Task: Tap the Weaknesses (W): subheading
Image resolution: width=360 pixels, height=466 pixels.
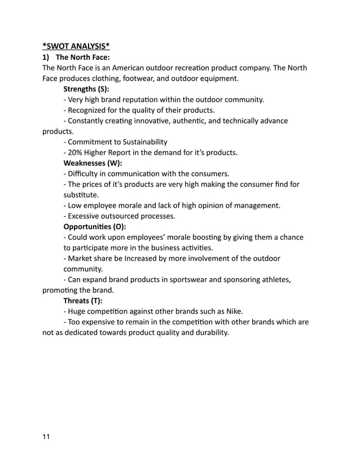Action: pos(93,163)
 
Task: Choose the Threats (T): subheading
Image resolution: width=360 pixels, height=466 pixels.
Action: pos(86,301)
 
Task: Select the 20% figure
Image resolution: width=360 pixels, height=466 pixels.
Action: pos(77,152)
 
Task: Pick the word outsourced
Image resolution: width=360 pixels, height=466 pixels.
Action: pos(125,216)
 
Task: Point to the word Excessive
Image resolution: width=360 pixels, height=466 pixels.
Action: pos(86,216)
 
